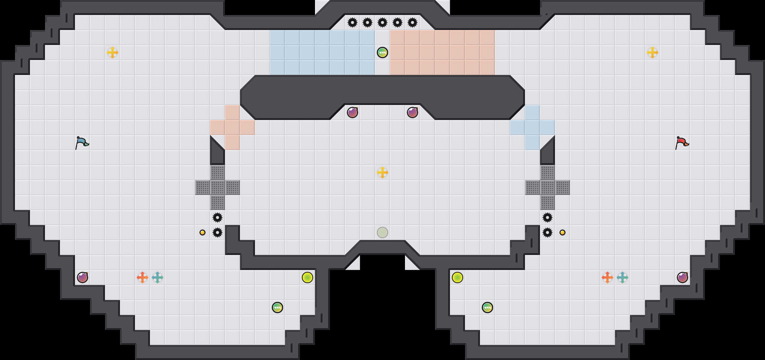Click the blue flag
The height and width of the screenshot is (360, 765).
pyautogui.click(x=82, y=143)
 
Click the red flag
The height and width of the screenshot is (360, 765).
pyautogui.click(x=682, y=143)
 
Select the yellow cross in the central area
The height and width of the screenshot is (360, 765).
pyautogui.click(x=382, y=172)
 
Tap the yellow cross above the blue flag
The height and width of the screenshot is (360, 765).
pyautogui.click(x=112, y=52)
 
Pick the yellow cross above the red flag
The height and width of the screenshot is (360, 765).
pyautogui.click(x=652, y=52)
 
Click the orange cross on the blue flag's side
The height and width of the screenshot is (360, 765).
pyautogui.click(x=142, y=277)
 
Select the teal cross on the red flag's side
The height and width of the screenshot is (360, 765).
pyautogui.click(x=622, y=277)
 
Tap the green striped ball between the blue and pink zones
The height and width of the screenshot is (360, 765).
pyautogui.click(x=382, y=52)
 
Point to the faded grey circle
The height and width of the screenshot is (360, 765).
pyautogui.click(x=382, y=232)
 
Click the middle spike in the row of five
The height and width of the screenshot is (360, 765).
pyautogui.click(x=382, y=22)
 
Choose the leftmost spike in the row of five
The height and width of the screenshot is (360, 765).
pyautogui.click(x=352, y=22)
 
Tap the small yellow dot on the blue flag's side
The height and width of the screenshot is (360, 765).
pyautogui.click(x=202, y=232)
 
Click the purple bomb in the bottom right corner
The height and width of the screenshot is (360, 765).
pyautogui.click(x=682, y=277)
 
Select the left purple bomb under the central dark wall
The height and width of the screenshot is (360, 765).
pyautogui.click(x=352, y=112)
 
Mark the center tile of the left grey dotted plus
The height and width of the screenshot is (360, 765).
pyautogui.click(x=217, y=187)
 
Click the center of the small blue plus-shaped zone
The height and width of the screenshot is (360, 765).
pyautogui.click(x=532, y=127)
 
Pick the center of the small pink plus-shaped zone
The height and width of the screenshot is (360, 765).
pyautogui.click(x=232, y=127)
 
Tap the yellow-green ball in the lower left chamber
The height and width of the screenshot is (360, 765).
pyautogui.click(x=307, y=277)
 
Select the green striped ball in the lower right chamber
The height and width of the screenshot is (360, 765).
pyautogui.click(x=487, y=307)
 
